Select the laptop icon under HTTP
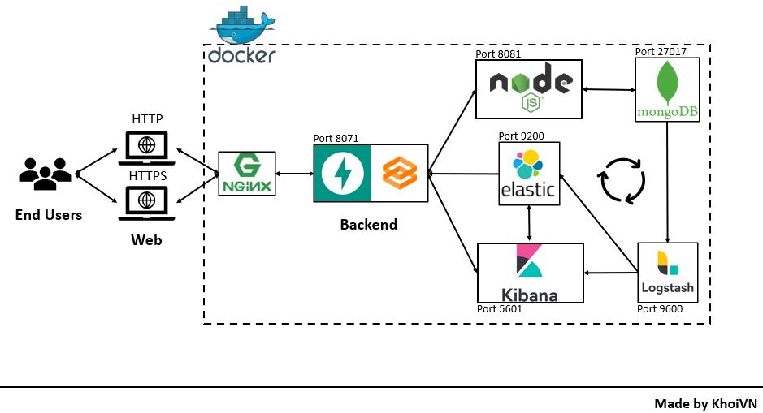pos(147,145)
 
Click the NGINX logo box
pos(248,174)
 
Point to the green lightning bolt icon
pos(342,173)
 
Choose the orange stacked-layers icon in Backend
pos(400,173)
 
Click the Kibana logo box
pos(531,273)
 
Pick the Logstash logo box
pos(668,273)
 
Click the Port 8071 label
pos(336,139)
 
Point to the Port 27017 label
pos(661,50)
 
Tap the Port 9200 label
pos(520,136)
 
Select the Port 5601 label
pos(499,309)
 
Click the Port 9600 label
pos(660,309)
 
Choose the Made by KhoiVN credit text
pos(705,402)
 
